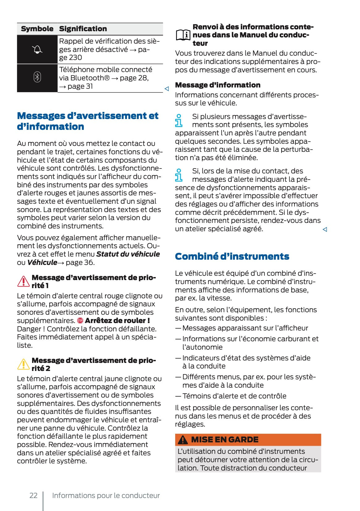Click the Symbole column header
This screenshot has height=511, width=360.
(37, 29)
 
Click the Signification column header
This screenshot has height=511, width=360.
(83, 29)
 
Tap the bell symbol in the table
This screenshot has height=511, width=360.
(37, 49)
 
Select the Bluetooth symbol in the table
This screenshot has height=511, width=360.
(37, 77)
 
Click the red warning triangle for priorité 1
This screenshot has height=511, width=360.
(23, 281)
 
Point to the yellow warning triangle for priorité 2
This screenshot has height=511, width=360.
(23, 364)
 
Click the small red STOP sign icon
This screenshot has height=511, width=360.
(80, 321)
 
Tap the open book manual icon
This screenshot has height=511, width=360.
(183, 35)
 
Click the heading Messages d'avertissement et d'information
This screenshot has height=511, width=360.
(87, 121)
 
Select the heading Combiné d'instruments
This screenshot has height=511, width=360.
(232, 256)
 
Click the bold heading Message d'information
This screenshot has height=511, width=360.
(218, 85)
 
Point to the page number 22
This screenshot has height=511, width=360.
(33, 496)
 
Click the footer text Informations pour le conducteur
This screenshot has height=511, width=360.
(106, 496)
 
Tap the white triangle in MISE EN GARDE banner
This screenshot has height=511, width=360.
(183, 440)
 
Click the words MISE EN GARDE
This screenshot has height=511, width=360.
(225, 440)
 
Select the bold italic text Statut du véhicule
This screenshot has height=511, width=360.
(128, 254)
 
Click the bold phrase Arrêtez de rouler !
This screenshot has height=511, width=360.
(117, 321)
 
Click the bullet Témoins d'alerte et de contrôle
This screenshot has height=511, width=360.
(234, 396)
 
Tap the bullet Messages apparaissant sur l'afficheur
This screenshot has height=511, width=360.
(245, 328)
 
